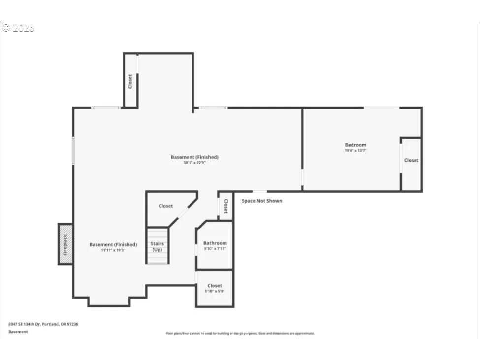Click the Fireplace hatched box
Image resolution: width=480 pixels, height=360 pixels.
pyautogui.click(x=65, y=244)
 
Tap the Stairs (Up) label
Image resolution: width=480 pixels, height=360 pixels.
pyautogui.click(x=158, y=246)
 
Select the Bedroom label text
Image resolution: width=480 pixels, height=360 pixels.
pyautogui.click(x=355, y=145)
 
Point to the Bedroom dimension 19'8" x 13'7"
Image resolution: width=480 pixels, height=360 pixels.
pyautogui.click(x=355, y=151)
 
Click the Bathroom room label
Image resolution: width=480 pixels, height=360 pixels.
pyautogui.click(x=215, y=243)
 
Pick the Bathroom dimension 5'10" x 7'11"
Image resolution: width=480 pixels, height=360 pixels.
pyautogui.click(x=215, y=249)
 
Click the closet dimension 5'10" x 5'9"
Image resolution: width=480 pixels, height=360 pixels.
pyautogui.click(x=215, y=291)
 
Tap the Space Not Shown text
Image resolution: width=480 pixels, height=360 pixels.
pyautogui.click(x=262, y=201)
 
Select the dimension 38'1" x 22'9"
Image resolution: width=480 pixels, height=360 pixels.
pyautogui.click(x=194, y=163)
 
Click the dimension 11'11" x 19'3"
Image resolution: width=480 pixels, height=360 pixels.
pyautogui.click(x=113, y=250)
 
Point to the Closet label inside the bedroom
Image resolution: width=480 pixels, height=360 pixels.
pyautogui.click(x=411, y=160)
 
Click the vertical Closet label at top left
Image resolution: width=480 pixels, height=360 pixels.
pyautogui.click(x=130, y=81)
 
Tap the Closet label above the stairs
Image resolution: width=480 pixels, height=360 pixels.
pyautogui.click(x=166, y=206)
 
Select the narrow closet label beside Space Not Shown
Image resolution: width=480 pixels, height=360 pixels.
pyautogui.click(x=226, y=206)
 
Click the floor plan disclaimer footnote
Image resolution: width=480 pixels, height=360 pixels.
pyautogui.click(x=240, y=333)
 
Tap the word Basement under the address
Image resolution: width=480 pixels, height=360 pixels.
pyautogui.click(x=18, y=332)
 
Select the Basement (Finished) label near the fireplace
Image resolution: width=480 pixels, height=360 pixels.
pyautogui.click(x=113, y=244)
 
